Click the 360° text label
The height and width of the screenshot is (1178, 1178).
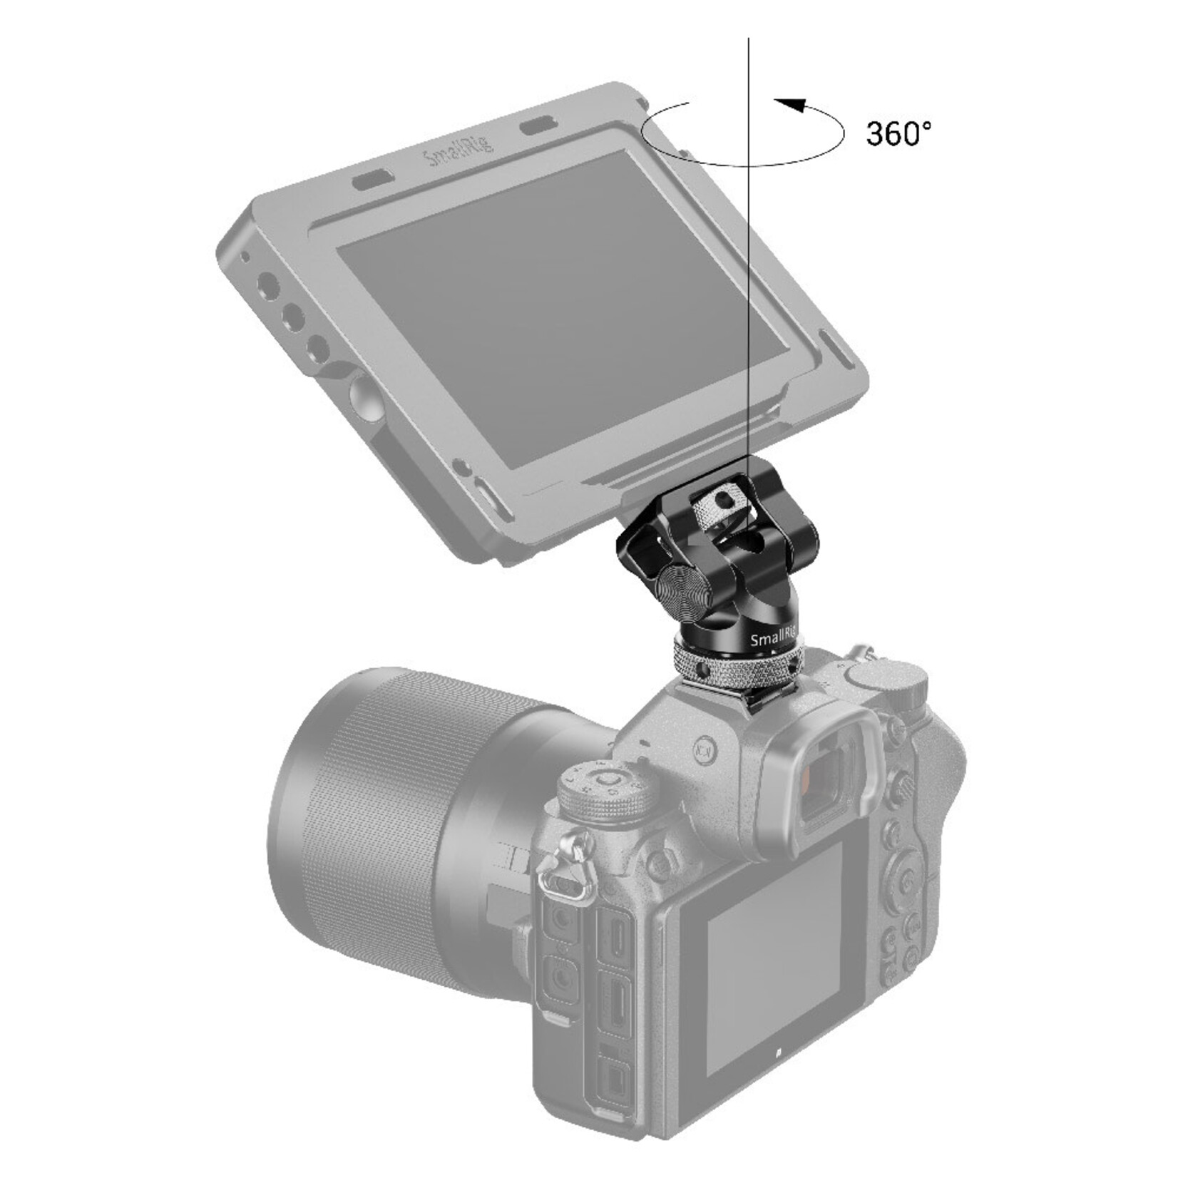pyautogui.click(x=898, y=133)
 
